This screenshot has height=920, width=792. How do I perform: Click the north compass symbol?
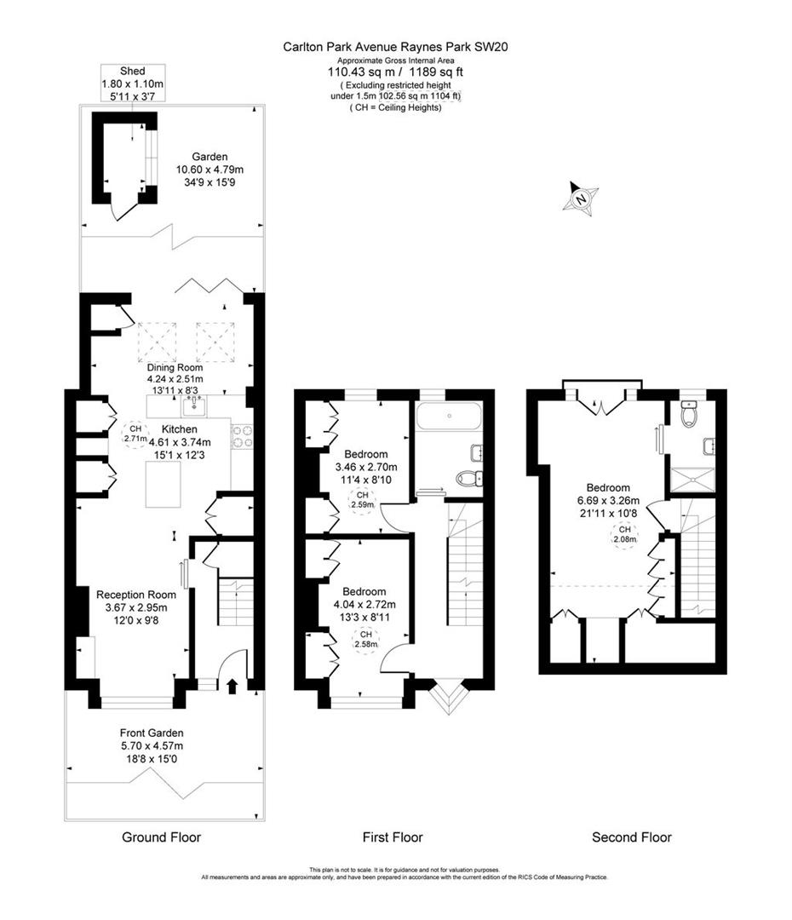(x=580, y=198)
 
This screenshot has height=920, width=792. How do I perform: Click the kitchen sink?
(x=193, y=405)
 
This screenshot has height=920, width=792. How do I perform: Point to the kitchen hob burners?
(x=242, y=436)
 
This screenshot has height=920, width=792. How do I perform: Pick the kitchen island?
(x=164, y=484)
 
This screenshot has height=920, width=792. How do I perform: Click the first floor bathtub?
(x=449, y=417)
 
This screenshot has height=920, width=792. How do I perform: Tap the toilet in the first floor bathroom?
(x=469, y=478)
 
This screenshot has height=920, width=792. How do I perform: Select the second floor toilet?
(x=689, y=414)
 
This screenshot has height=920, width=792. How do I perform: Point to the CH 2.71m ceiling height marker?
(x=135, y=434)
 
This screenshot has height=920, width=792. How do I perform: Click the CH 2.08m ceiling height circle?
(x=625, y=534)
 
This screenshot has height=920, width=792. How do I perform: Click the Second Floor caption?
(x=632, y=837)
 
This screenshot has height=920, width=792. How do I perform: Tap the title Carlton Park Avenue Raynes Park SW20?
(x=395, y=47)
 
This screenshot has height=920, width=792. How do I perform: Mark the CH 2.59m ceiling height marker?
(x=363, y=500)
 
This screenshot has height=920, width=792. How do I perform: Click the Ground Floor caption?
(x=161, y=837)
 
